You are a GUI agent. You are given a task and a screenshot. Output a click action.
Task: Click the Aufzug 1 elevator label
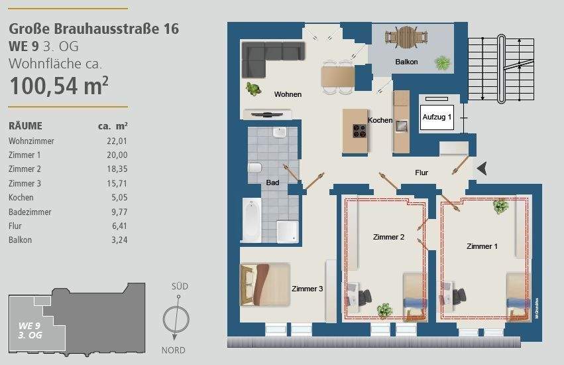click(437, 117)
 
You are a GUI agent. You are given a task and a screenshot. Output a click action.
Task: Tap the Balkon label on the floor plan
click(406, 62)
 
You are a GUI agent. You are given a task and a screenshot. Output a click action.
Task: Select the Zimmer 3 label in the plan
click(308, 289)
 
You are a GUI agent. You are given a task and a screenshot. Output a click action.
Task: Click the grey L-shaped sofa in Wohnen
click(268, 56)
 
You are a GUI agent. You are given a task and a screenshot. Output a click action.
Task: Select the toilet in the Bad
click(255, 171)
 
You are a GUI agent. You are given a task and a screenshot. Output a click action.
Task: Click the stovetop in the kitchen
click(359, 131)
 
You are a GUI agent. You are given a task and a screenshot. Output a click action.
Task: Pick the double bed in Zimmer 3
click(264, 284)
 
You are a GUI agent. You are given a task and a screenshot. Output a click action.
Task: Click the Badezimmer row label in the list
click(30, 212)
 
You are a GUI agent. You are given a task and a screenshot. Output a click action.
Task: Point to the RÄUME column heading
click(25, 125)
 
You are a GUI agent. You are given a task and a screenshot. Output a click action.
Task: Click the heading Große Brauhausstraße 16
click(93, 29)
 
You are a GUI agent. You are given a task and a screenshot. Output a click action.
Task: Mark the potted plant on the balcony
click(442, 63)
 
